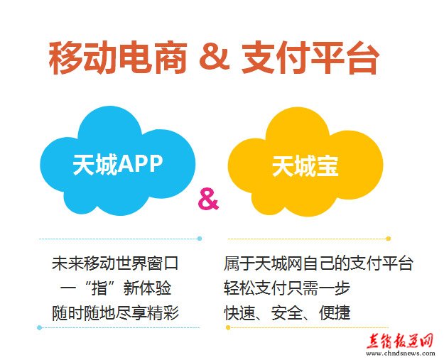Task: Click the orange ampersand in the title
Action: [x=215, y=57]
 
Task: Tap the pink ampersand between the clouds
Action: [x=208, y=200]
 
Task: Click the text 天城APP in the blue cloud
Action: [x=118, y=164]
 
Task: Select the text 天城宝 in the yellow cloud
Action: [x=305, y=166]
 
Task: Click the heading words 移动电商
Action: [x=118, y=58]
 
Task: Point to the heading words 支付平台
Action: [x=310, y=58]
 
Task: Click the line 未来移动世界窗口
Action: [x=115, y=263]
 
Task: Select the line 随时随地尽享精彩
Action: [x=115, y=313]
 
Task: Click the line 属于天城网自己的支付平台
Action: [x=318, y=263]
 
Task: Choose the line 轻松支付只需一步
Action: [x=287, y=288]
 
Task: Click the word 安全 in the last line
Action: [x=287, y=313]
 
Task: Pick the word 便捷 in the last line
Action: [x=335, y=313]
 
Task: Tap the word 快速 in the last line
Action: [x=239, y=313]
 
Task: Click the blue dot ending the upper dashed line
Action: [x=200, y=239]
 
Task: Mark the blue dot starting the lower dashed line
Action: [x=40, y=327]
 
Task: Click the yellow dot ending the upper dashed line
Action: [x=389, y=239]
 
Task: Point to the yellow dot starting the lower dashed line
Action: [x=228, y=327]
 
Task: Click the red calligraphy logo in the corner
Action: [x=399, y=341]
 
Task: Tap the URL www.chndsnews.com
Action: [x=400, y=353]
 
